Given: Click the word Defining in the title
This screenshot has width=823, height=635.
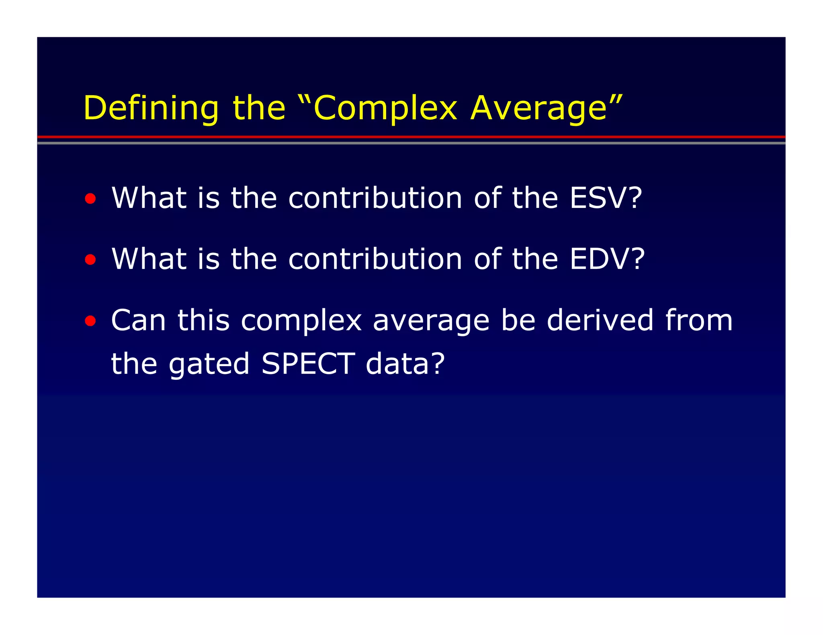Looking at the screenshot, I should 151,108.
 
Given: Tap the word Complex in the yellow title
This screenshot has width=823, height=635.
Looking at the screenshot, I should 385,108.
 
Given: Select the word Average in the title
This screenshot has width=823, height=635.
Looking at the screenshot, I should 538,108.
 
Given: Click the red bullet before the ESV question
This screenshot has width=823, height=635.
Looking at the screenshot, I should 90,198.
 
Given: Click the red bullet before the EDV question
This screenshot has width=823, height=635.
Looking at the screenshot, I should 90,259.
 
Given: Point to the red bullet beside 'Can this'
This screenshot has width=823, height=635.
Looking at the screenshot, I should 90,321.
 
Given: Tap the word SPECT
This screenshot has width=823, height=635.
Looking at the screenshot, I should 308,364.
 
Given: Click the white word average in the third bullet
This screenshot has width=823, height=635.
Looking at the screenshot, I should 431,321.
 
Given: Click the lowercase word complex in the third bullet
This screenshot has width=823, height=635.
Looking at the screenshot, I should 301,321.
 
